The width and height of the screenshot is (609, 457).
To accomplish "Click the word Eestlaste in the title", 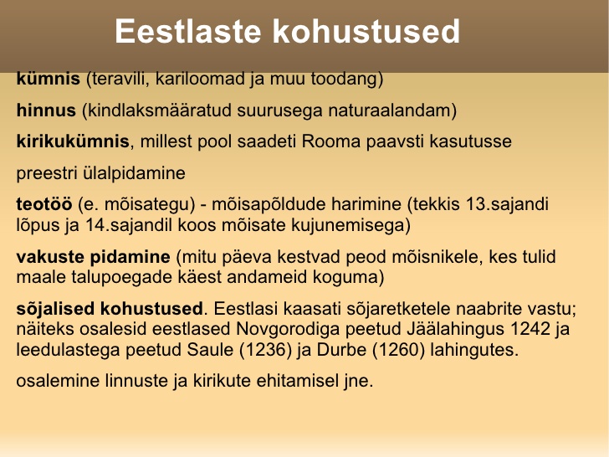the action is pos(187,31).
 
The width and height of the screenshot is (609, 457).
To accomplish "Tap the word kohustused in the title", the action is pos(366,31).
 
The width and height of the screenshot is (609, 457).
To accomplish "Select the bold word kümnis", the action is pos(49,79).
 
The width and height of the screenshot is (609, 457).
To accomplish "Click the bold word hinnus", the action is pos(46,110).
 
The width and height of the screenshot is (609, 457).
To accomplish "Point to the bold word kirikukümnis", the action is pos(73,141).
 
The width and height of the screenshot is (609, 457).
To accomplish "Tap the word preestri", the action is pos(47,173).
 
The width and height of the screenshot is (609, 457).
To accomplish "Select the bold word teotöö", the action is pos(44,204).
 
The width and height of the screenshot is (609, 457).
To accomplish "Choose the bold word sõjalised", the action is pos(55,309).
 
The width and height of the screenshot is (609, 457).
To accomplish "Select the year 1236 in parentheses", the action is pos(265,350).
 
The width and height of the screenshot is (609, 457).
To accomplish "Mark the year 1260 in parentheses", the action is pos(398,350).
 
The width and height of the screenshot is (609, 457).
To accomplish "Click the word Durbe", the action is pos(341,350).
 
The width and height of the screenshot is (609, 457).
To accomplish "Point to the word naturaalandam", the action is pos(390,110).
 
